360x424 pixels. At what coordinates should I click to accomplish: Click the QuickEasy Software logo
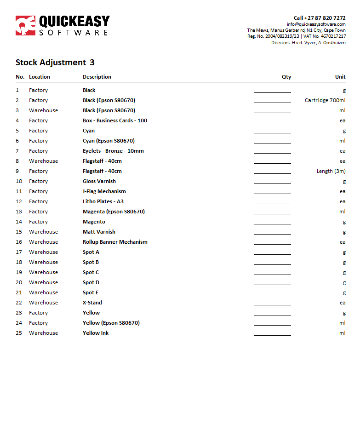click(63, 26)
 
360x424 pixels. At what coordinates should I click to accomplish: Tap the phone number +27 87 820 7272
click(326, 18)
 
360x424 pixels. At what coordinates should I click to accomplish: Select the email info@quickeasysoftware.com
click(316, 24)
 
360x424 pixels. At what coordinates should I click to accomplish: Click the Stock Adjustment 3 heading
click(55, 63)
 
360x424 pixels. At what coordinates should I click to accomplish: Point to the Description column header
click(97, 77)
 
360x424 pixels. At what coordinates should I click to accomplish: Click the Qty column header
click(286, 77)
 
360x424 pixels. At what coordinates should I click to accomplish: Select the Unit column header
click(340, 77)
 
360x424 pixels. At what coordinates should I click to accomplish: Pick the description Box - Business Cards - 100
click(115, 120)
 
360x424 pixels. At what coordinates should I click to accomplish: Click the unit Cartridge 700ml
click(325, 100)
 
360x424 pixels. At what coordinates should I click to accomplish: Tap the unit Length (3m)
click(331, 171)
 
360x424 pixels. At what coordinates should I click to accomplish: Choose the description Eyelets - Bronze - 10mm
click(113, 151)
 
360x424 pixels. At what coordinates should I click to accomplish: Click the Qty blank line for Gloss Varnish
click(272, 183)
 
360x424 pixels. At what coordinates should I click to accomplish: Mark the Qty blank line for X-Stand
click(272, 304)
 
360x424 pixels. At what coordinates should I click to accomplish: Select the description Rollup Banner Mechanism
click(115, 242)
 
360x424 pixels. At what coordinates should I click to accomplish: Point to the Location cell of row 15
click(43, 232)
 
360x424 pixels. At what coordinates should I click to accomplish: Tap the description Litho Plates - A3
click(103, 201)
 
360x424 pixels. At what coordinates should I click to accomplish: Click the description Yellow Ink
click(96, 333)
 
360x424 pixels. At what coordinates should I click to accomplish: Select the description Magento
click(94, 222)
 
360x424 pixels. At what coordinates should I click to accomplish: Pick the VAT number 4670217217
click(333, 36)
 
